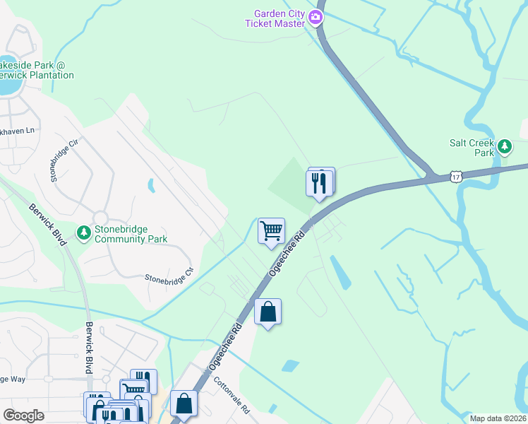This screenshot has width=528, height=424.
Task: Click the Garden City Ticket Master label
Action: [275, 18]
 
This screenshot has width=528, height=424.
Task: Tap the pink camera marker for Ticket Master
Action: [316, 18]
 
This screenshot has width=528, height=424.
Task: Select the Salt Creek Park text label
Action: [472, 147]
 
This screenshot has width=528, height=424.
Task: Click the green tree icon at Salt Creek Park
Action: [504, 147]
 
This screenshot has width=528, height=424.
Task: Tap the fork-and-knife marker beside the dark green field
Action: [319, 184]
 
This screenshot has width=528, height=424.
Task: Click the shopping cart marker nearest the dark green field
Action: [271, 231]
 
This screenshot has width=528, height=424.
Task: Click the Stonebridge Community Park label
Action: [131, 234]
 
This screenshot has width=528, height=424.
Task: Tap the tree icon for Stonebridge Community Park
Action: [84, 232]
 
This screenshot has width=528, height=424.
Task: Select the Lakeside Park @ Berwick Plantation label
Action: [36, 70]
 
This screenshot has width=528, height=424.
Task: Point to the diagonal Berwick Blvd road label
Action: [48, 225]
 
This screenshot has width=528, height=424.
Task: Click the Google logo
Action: [24, 416]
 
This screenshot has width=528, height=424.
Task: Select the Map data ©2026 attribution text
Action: [498, 418]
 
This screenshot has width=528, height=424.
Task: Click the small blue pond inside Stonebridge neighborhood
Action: [151, 186]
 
